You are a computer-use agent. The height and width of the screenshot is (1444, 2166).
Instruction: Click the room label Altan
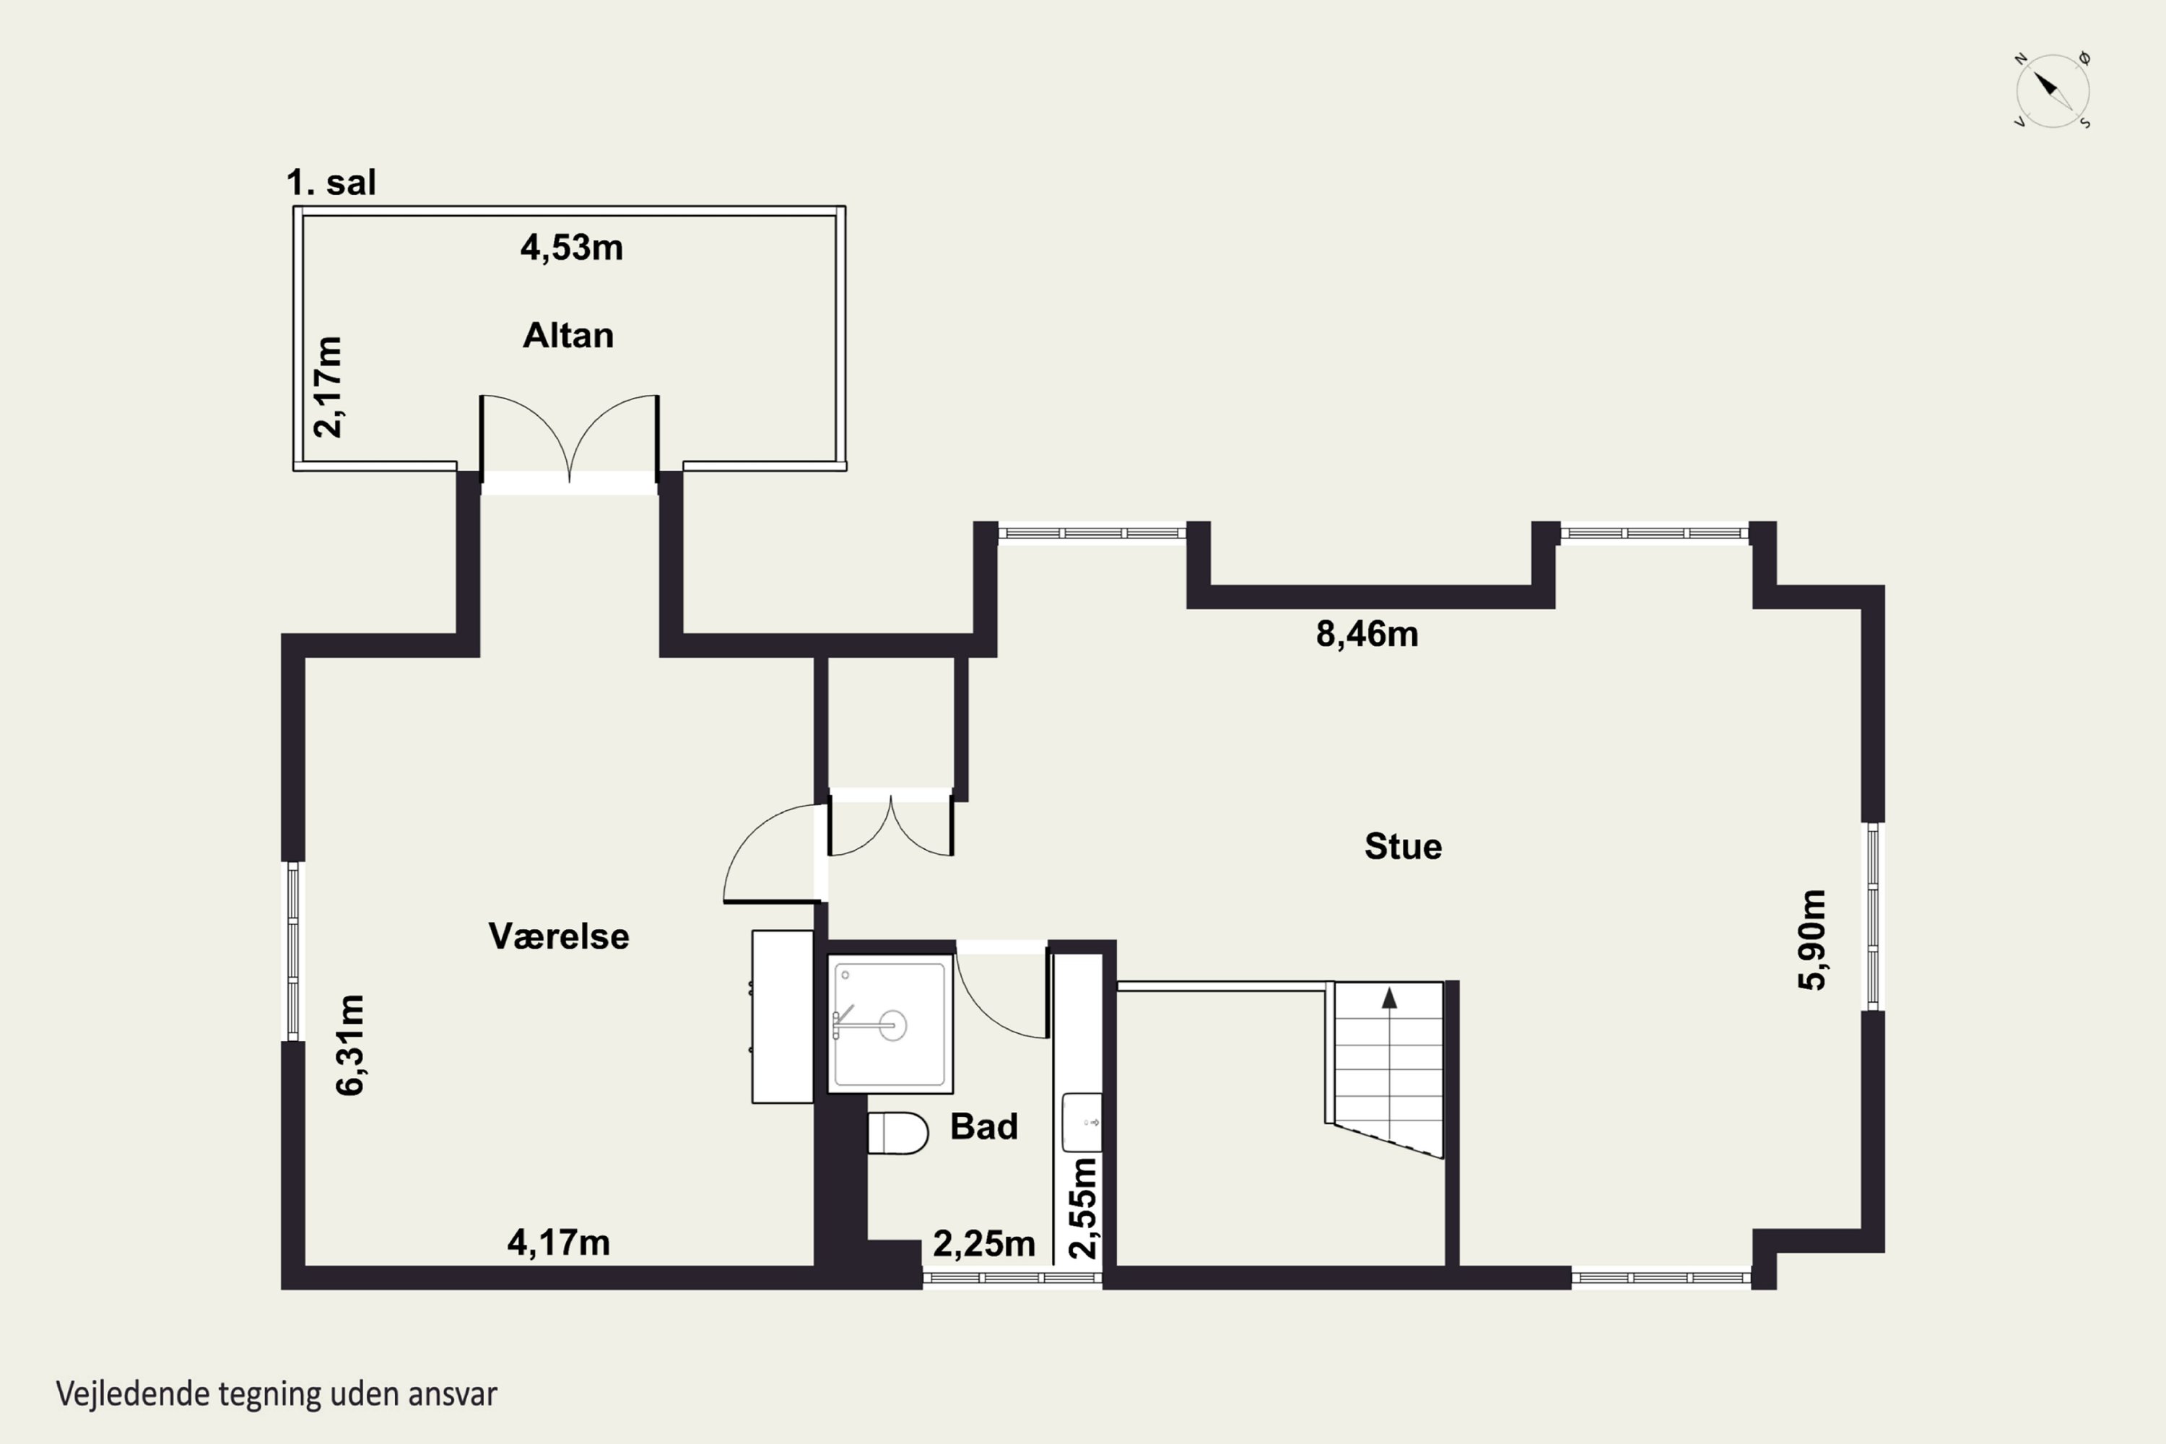tap(568, 335)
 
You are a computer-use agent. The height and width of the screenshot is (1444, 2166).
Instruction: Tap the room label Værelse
tap(559, 936)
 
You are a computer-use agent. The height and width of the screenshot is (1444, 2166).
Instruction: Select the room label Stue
tap(1403, 846)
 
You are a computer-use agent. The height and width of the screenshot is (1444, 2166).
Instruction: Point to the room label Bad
tap(983, 1126)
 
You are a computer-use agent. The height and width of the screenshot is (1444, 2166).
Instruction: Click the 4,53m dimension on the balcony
tap(571, 248)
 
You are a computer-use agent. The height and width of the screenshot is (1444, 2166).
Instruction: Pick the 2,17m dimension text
tap(328, 387)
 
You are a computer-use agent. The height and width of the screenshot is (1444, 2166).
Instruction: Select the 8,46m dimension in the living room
tap(1367, 634)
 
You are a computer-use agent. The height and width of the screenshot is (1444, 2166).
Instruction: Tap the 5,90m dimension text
tap(1811, 939)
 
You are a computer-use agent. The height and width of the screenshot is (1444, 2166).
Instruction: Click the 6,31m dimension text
tap(350, 1045)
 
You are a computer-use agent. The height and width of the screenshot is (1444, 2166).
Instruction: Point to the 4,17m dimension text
tap(558, 1243)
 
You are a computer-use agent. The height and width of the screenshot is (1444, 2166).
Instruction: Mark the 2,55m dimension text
tap(1083, 1207)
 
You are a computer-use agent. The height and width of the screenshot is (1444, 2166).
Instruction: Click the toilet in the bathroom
tap(898, 1133)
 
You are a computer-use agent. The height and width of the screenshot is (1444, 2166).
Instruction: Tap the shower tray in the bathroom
tap(890, 1024)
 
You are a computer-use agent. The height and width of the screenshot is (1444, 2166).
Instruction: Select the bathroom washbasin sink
tap(1082, 1123)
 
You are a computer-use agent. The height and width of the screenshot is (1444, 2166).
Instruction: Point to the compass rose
tap(2053, 90)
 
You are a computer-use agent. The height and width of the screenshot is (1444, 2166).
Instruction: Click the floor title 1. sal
tap(331, 183)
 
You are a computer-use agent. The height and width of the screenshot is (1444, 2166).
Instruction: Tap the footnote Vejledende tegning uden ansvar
tap(277, 1393)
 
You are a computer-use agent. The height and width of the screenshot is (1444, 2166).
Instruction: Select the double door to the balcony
tap(569, 438)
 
